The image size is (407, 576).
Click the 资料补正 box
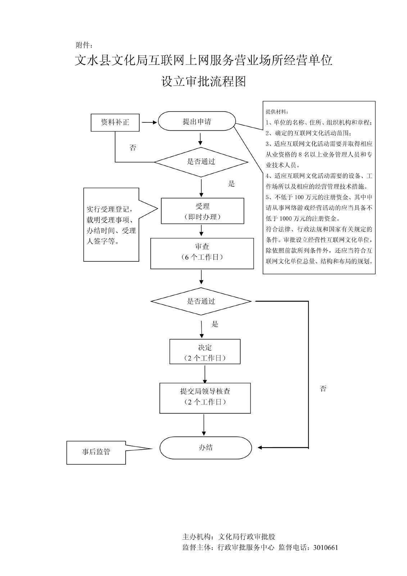115,122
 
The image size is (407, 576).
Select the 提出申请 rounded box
197,121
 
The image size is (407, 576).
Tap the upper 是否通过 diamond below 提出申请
201,162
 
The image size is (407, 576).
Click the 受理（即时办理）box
202,211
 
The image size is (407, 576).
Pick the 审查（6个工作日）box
202,253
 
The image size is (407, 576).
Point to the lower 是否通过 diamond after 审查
201,301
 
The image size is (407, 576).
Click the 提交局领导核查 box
205,398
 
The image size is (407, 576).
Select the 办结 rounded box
205,448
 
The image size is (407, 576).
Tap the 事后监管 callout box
96,452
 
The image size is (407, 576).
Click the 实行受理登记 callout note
111,225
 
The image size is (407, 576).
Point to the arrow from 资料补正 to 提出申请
149,122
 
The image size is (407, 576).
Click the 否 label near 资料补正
133,148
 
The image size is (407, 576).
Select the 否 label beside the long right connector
323,389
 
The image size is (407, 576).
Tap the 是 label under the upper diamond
231,184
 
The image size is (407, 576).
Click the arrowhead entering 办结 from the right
260,448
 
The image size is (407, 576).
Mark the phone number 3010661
326,548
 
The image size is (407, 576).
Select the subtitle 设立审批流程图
204,82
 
